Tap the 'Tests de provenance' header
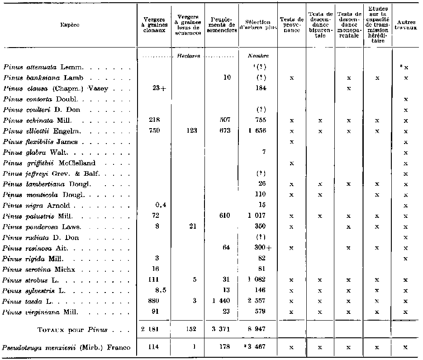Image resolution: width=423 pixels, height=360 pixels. click(x=291, y=25)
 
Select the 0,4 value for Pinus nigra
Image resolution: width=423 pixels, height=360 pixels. click(x=158, y=206)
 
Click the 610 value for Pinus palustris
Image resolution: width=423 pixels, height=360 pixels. click(x=224, y=216)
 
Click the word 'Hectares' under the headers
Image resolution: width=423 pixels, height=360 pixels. click(x=187, y=56)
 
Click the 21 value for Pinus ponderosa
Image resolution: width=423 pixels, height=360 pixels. click(x=192, y=227)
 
